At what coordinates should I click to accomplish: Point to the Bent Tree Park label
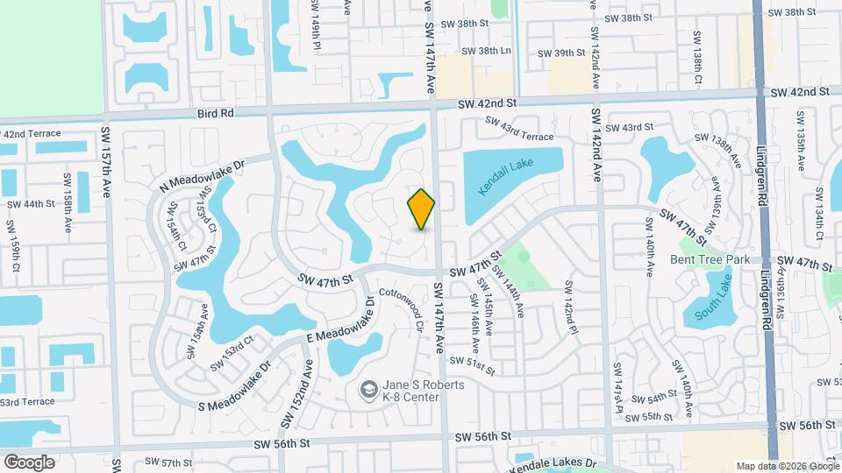[x=710, y=259]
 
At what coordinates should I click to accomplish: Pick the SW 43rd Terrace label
[x=519, y=130]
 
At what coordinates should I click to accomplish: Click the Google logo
[x=29, y=462]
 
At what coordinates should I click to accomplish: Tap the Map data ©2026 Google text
[x=788, y=466]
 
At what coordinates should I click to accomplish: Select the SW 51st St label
[x=472, y=361]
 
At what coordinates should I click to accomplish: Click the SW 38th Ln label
[x=487, y=51]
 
